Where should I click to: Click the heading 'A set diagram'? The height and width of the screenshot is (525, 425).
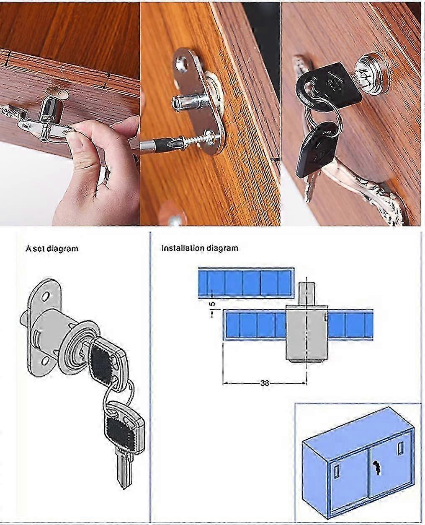[52, 248]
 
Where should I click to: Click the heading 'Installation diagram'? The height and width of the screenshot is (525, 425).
[200, 248]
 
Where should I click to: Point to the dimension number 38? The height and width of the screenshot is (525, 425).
[265, 382]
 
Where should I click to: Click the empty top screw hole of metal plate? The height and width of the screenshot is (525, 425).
[181, 63]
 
